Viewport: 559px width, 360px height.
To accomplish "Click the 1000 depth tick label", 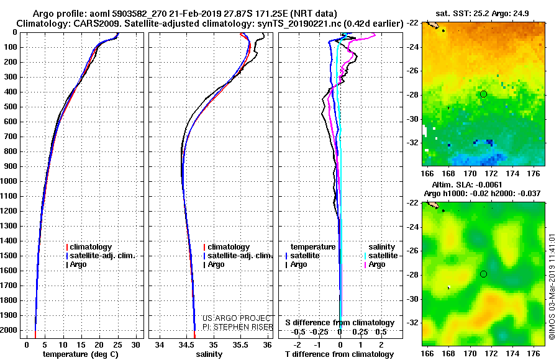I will coord(11,181).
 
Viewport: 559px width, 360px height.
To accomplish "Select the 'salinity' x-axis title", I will coord(209,354).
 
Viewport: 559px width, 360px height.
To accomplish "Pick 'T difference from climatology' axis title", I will coord(340,354).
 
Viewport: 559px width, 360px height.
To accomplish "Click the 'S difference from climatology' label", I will coord(340,323).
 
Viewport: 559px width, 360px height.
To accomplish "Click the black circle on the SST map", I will coord(483,94).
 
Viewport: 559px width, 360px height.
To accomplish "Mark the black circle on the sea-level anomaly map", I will coord(483,274).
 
